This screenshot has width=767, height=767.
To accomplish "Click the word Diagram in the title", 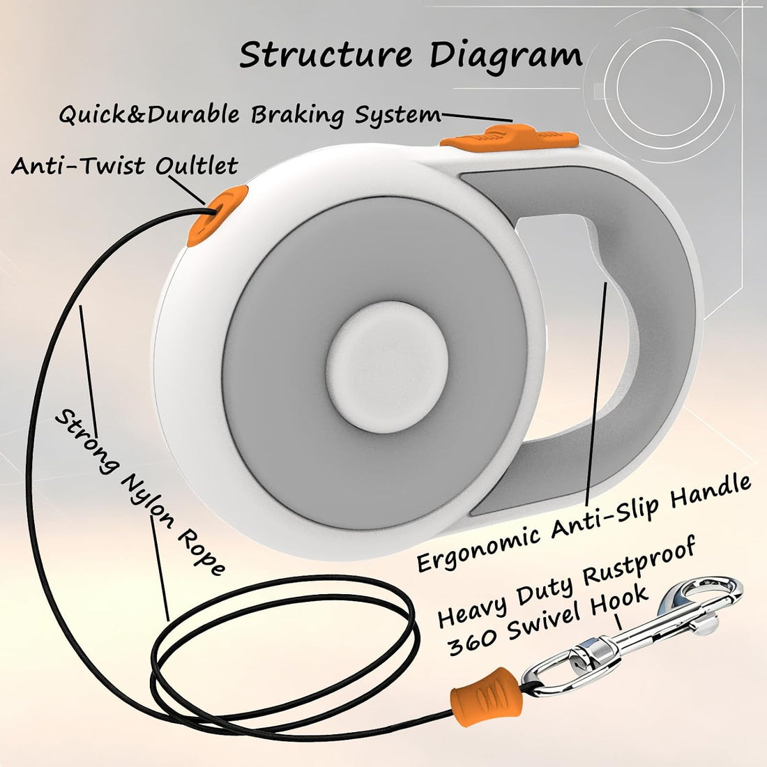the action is (506, 56).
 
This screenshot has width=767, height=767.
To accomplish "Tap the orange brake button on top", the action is (509, 137).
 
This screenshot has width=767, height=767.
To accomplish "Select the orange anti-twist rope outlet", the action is (217, 215).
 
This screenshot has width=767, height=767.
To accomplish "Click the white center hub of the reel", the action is (387, 367).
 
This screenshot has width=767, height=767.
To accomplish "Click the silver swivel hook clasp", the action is (632, 636).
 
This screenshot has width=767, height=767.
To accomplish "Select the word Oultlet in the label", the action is (197, 165).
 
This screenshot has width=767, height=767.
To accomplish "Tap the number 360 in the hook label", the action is (473, 641).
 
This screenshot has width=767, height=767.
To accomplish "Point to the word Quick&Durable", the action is (149, 114).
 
